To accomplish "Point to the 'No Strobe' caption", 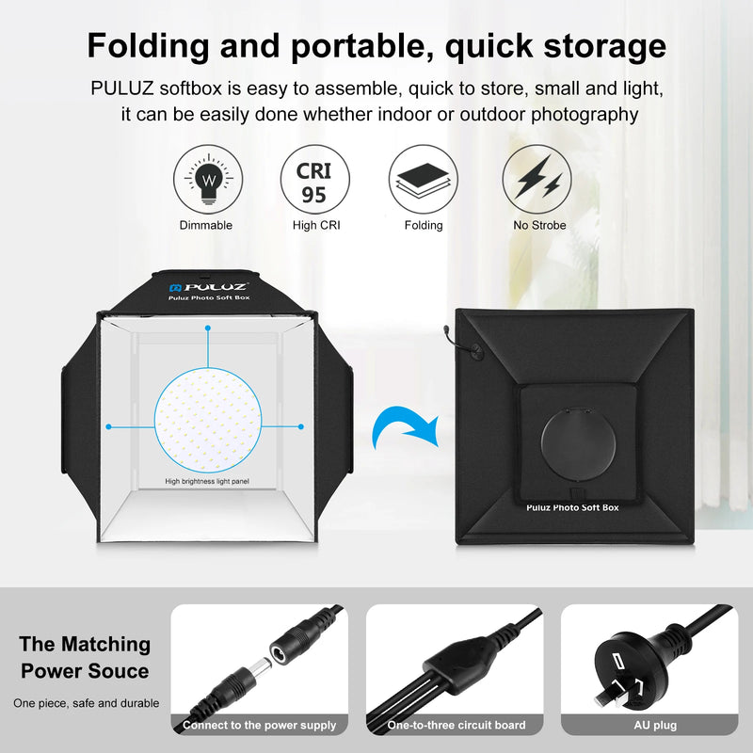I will [x=539, y=226].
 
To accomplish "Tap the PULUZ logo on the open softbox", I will [x=208, y=285].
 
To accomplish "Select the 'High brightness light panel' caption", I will [x=208, y=481].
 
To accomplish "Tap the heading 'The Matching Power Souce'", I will [x=85, y=657].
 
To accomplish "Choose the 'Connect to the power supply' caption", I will [x=259, y=726].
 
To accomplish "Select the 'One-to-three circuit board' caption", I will [x=457, y=726].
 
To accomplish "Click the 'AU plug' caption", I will [x=654, y=726].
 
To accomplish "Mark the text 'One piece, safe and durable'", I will [x=86, y=703].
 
